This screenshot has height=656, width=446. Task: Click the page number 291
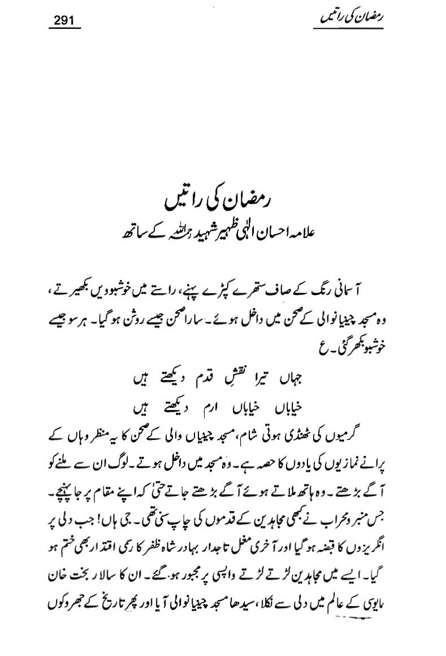pos(64,21)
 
